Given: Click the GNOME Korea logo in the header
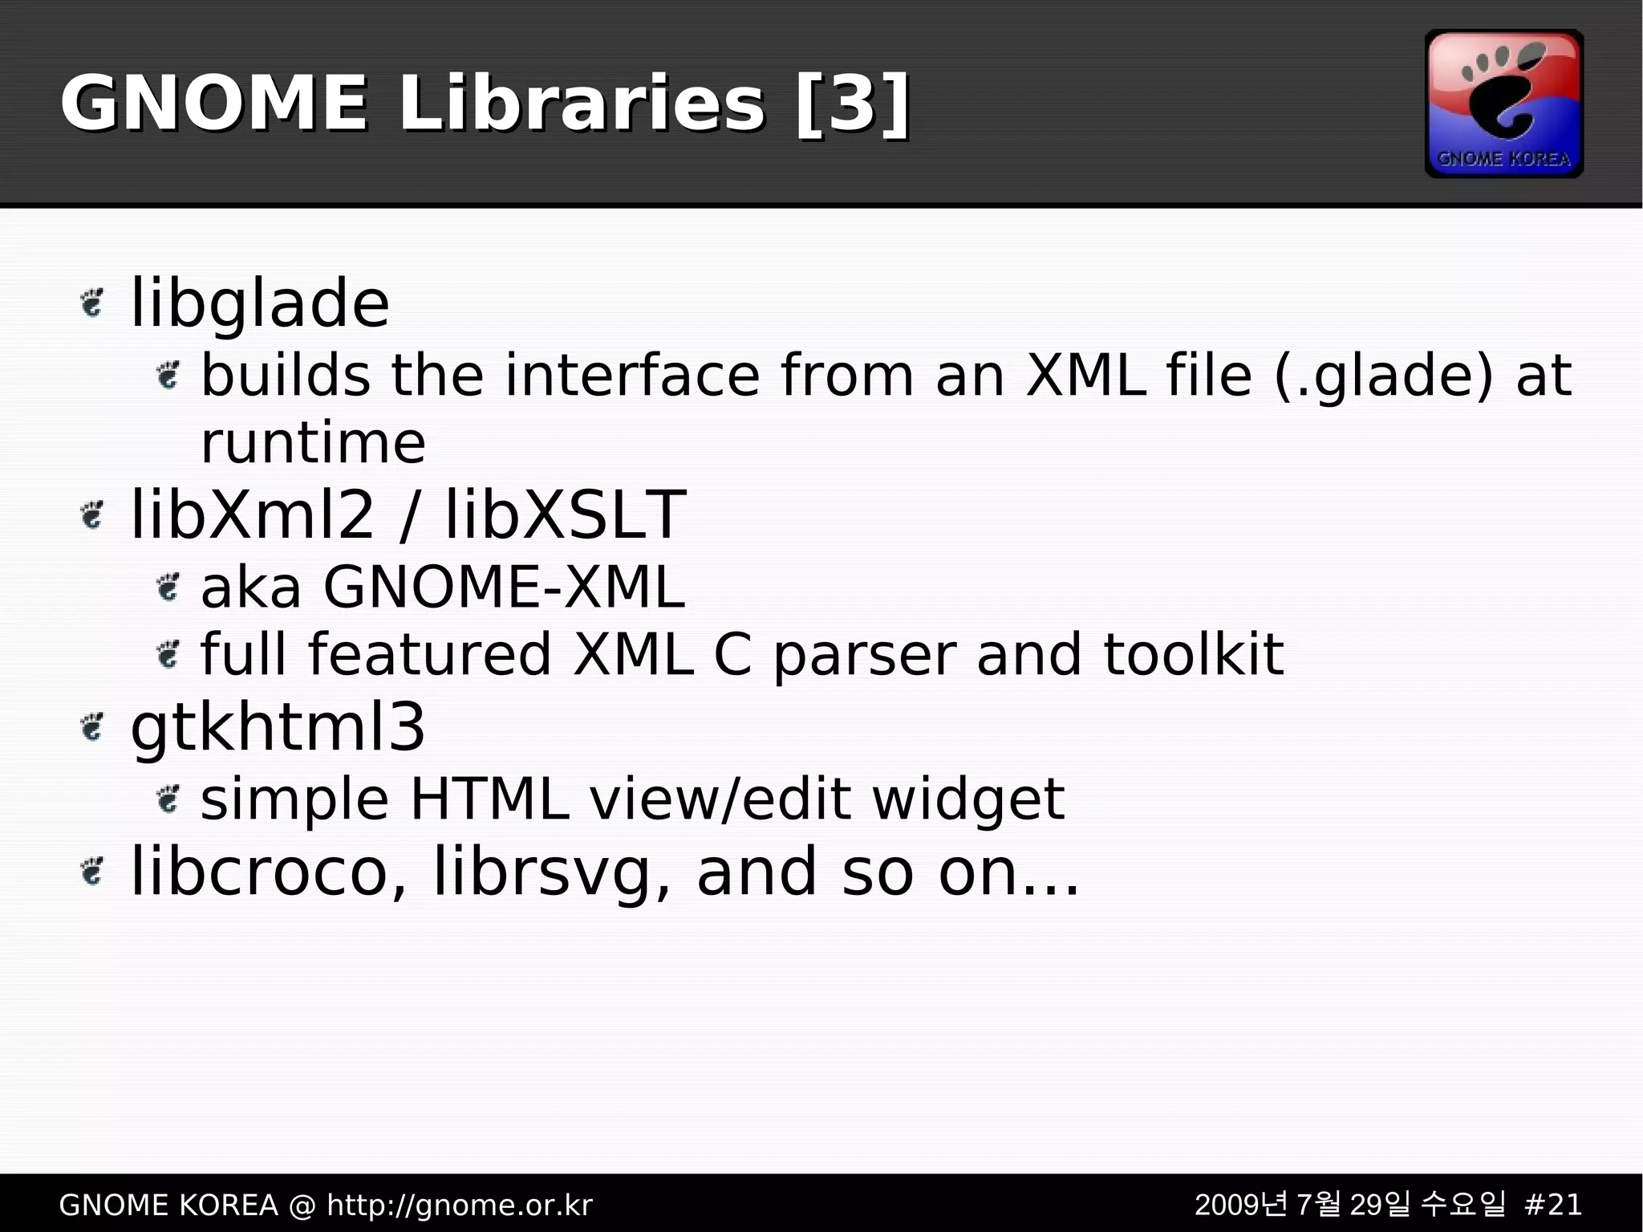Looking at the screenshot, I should pyautogui.click(x=1503, y=104).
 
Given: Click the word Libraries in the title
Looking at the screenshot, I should pyautogui.click(x=581, y=104).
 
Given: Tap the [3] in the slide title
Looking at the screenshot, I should pyautogui.click(x=853, y=104).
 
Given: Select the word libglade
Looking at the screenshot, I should pyautogui.click(x=259, y=303).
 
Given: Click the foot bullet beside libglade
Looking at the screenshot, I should pyautogui.click(x=93, y=303).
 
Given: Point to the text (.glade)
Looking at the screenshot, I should pyautogui.click(x=1384, y=376).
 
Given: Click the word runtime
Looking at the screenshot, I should pyautogui.click(x=313, y=442).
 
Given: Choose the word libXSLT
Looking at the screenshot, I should pyautogui.click(x=565, y=514).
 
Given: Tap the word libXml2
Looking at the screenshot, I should pyautogui.click(x=252, y=514).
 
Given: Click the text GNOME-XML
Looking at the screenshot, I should pyautogui.click(x=504, y=588).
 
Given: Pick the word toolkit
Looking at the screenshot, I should pyautogui.click(x=1193, y=654).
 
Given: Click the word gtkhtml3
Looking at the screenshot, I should pyautogui.click(x=278, y=727).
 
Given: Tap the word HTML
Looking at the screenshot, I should pyautogui.click(x=489, y=799).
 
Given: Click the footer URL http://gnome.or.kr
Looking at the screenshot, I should pyautogui.click(x=460, y=1205).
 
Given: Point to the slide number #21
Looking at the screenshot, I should pyautogui.click(x=1552, y=1205).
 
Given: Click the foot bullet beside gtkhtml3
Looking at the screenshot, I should pyautogui.click(x=93, y=727).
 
